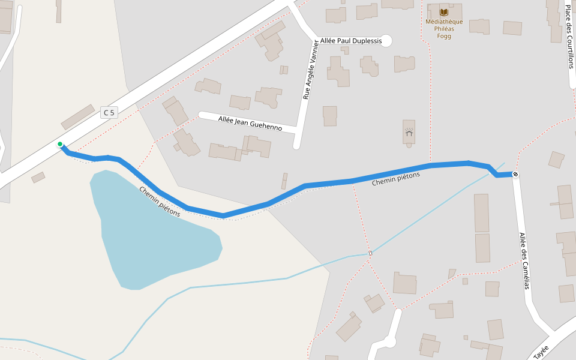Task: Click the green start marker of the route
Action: point(60,144)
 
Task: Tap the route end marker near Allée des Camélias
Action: point(515,175)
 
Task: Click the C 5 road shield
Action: point(109,112)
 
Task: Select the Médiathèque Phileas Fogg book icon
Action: point(444,12)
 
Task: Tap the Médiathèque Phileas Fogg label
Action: point(444,29)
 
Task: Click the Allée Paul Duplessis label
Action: point(351,41)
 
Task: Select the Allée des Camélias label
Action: point(524,261)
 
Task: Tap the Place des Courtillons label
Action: point(569,36)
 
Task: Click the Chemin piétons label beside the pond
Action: point(160,201)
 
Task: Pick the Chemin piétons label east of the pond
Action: point(395,178)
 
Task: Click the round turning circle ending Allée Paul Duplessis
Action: point(386,41)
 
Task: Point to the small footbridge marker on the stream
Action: point(370,253)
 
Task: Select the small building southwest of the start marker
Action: point(38,177)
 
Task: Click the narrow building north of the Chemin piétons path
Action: point(284,181)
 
